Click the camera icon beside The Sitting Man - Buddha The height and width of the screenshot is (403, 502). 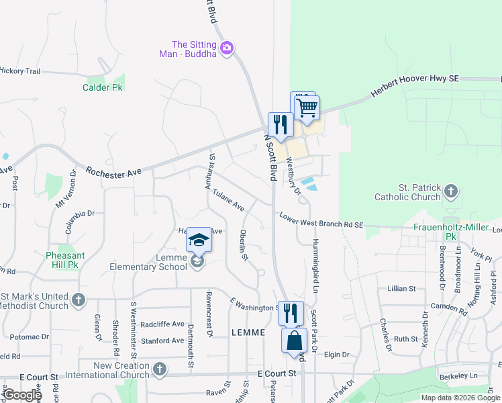tap(227, 47)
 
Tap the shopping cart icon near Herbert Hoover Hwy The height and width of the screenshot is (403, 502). tap(307, 107)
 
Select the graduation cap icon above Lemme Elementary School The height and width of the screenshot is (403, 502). tap(199, 240)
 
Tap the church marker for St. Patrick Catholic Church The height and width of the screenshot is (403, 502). tap(451, 192)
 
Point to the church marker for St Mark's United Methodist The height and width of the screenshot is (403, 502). tap(79, 300)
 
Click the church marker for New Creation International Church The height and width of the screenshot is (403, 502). tap(159, 369)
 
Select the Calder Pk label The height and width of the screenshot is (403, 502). tap(103, 87)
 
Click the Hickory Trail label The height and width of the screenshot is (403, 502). tap(19, 71)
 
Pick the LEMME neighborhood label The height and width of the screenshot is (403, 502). tap(249, 332)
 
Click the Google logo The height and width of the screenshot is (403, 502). tap(21, 395)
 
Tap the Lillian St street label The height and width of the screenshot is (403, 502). tap(401, 288)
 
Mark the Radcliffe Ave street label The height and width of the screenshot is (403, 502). tap(162, 324)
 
